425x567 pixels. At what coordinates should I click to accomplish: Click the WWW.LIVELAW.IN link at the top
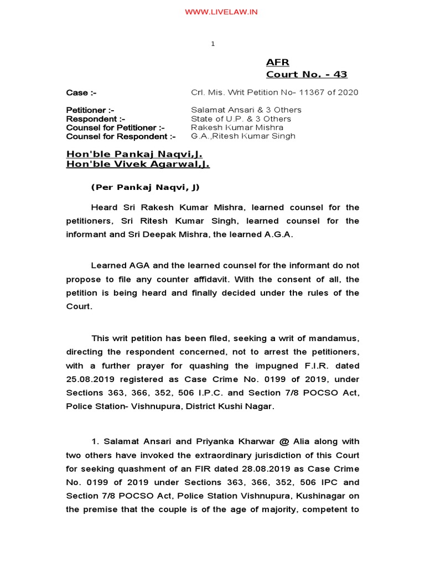[213, 12]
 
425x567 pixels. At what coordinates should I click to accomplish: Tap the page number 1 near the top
[212, 45]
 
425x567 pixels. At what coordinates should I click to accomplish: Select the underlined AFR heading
[277, 62]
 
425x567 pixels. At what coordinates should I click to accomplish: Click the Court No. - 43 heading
[307, 74]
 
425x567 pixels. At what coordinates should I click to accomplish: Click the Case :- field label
[77, 92]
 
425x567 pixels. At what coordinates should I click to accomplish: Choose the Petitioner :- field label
[90, 110]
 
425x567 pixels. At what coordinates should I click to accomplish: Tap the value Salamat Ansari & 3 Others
[246, 110]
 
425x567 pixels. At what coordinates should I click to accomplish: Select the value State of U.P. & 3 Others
[241, 118]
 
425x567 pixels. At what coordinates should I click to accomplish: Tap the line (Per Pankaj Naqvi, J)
[144, 187]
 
